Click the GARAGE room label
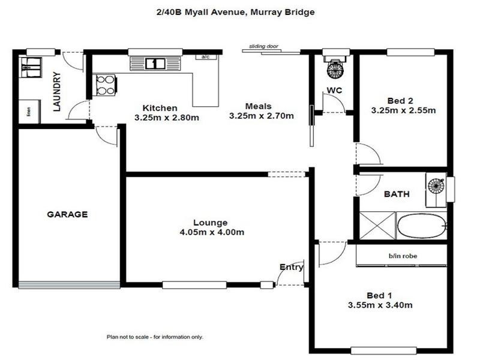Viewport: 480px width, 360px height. pyautogui.click(x=68, y=214)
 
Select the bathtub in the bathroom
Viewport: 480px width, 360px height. pyautogui.click(x=422, y=226)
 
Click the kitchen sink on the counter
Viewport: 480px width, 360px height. pyautogui.click(x=155, y=62)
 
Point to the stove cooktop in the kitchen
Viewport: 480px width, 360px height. pyautogui.click(x=106, y=85)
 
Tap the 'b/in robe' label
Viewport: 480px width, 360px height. pyautogui.click(x=403, y=256)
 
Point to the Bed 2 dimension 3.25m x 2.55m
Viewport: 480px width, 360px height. pyautogui.click(x=403, y=110)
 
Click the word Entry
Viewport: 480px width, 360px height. pyautogui.click(x=291, y=268)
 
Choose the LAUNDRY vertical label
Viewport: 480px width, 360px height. pyautogui.click(x=57, y=92)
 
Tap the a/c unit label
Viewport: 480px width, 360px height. pyautogui.click(x=205, y=57)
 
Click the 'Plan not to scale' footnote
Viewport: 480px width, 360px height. pyautogui.click(x=155, y=337)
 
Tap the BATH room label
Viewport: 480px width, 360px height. pyautogui.click(x=397, y=194)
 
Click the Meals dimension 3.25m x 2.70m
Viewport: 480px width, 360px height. pyautogui.click(x=262, y=116)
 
